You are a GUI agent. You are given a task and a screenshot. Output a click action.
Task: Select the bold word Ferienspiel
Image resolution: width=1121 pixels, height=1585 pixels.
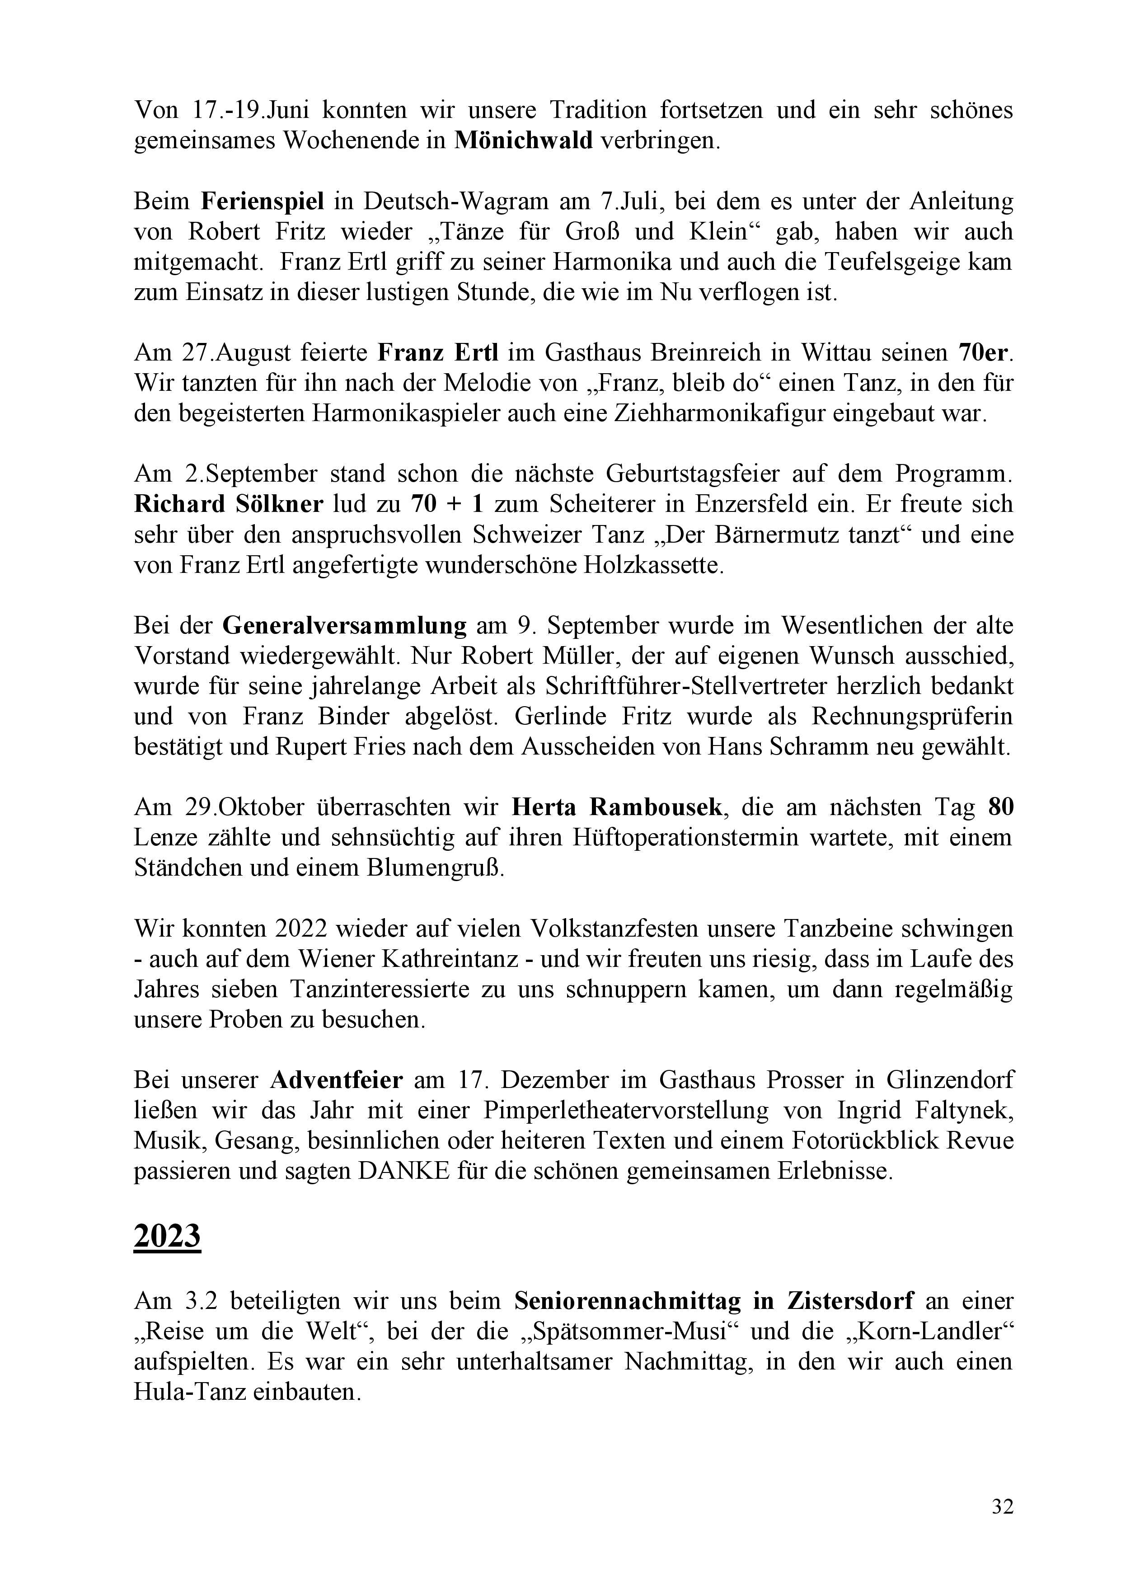(263, 201)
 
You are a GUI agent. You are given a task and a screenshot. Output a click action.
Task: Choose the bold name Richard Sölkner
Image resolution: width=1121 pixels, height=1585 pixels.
(229, 504)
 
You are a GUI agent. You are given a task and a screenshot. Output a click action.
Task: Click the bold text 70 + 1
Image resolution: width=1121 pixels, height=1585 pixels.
(447, 504)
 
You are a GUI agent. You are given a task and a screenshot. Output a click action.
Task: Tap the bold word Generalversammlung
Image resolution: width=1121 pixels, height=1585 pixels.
(344, 625)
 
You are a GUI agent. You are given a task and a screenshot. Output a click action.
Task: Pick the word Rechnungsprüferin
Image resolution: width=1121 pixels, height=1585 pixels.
(912, 717)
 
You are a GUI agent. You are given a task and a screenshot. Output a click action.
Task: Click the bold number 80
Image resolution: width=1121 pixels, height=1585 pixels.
(1001, 807)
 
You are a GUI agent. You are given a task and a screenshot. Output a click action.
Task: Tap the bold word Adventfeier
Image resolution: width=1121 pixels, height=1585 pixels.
(336, 1080)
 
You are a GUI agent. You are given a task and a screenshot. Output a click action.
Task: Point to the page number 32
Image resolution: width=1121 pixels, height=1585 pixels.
(1002, 1507)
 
